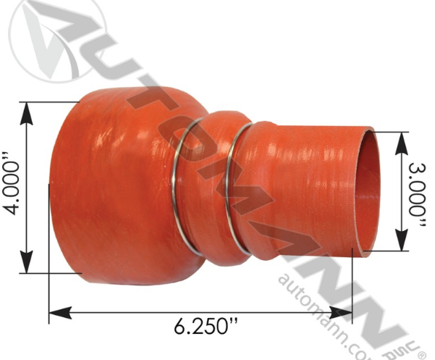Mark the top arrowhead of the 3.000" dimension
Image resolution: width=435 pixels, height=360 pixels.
[399, 139]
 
